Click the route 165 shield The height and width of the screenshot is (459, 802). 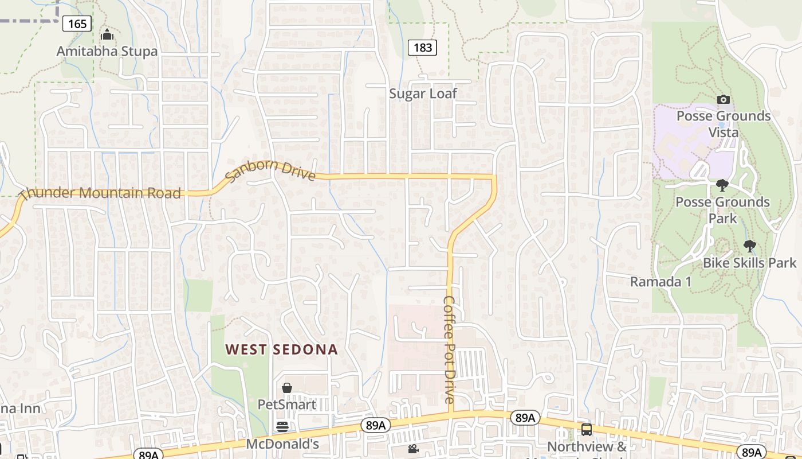(x=77, y=24)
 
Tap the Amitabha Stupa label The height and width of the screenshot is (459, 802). (x=107, y=51)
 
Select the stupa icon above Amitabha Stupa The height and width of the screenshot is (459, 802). (x=107, y=36)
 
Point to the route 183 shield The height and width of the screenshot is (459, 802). (x=422, y=48)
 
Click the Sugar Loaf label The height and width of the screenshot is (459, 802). (x=423, y=94)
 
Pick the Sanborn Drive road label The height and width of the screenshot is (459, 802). (x=270, y=170)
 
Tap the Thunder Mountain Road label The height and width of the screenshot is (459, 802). (x=101, y=193)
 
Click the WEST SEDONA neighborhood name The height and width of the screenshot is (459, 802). (x=281, y=349)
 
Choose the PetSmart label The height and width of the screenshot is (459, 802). (x=286, y=404)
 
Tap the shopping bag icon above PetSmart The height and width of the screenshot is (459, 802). (x=287, y=388)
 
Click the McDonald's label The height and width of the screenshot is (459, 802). (x=282, y=444)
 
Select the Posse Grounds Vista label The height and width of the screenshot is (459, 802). (x=724, y=124)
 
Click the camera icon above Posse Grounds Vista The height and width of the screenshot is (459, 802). (x=724, y=99)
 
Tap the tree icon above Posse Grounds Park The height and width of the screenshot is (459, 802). (x=722, y=185)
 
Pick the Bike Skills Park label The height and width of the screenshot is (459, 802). (x=749, y=263)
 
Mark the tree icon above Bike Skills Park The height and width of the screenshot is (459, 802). (x=749, y=246)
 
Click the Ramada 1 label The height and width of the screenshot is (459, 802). (x=661, y=282)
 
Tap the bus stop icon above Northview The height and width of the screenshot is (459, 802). (x=586, y=430)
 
